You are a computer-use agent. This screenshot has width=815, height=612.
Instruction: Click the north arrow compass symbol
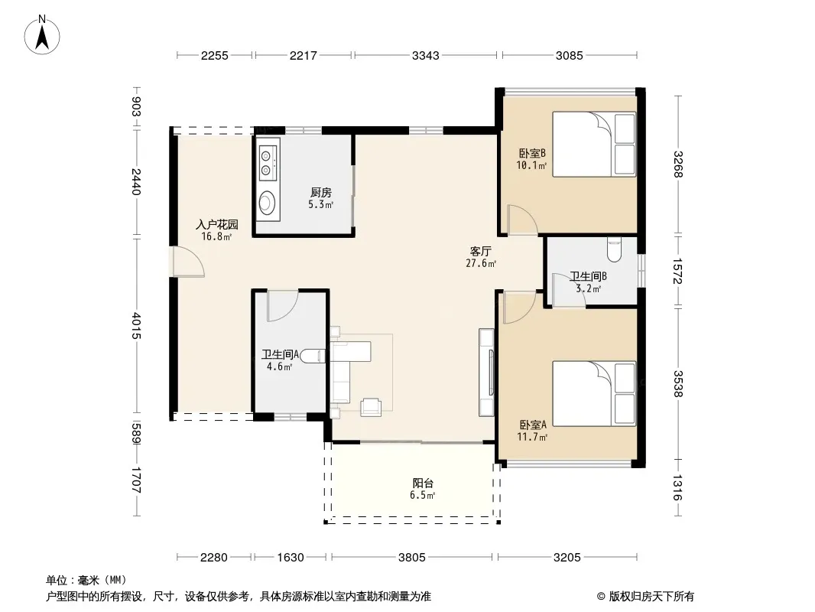pos(42,35)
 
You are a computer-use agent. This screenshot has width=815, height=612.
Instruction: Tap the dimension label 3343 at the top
pos(426,56)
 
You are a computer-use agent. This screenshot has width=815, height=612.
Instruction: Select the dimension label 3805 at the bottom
pos(411,558)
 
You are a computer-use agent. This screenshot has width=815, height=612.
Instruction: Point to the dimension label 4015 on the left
pos(136,325)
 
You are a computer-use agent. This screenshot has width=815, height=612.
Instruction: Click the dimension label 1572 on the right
pos(677,271)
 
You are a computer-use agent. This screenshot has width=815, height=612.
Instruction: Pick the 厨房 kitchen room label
pos(320,192)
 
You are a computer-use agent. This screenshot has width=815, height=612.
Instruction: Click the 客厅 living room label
pos(481,252)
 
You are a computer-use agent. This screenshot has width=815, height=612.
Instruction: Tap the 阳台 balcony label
pos(423,483)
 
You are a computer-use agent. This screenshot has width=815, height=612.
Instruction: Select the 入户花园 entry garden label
pos(216,225)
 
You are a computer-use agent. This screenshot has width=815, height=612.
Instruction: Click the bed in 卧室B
pos(594,144)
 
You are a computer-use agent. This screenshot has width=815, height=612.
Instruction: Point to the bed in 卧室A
pos(594,394)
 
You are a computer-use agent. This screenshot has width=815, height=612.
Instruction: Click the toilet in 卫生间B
pos(615,249)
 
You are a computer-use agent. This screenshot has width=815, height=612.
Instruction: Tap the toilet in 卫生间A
pos(313,356)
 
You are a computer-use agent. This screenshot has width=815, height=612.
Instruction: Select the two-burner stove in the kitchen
pos(268,162)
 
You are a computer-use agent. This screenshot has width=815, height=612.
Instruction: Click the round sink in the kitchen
pos(267,202)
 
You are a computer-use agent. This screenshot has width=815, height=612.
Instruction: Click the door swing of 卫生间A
pos(282,306)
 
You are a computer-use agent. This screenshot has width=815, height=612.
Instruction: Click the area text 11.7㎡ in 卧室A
pos(532,437)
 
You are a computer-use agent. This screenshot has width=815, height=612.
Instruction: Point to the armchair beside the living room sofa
pos(371,407)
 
